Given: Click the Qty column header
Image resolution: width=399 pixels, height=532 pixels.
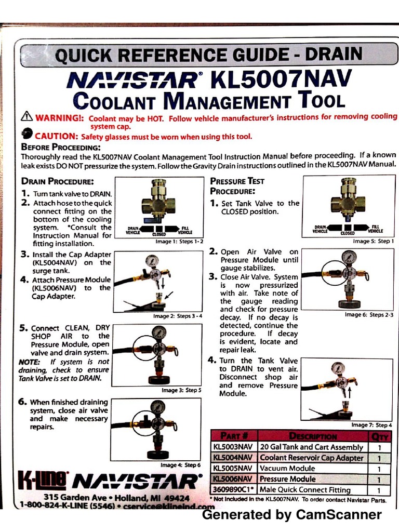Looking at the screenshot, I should [380, 436].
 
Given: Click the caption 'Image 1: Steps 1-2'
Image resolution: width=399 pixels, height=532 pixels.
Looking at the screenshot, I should [179, 242].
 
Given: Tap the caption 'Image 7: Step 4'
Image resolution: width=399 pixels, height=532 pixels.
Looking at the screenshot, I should [371, 424].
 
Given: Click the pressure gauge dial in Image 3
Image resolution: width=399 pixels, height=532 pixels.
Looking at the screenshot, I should [158, 333].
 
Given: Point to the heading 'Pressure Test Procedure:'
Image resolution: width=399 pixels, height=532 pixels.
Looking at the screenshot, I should [237, 185].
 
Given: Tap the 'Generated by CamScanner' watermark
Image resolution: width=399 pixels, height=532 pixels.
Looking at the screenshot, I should [291, 515].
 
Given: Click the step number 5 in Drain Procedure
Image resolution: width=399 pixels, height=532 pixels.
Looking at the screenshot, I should [24, 328].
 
